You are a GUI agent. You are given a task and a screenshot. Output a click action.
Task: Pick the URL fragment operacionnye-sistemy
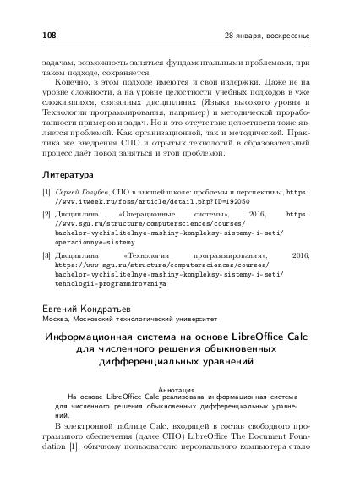pos(99,240)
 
